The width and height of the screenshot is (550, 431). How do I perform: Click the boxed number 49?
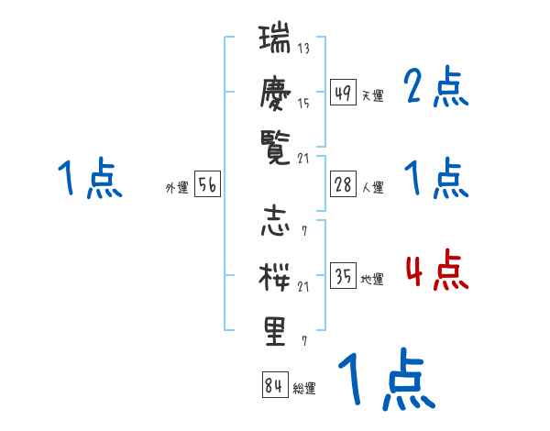point(343,93)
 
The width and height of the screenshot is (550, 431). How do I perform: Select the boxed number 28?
point(343,184)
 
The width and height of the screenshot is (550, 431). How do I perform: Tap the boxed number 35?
point(343,276)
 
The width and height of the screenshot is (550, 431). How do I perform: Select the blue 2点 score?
point(436,89)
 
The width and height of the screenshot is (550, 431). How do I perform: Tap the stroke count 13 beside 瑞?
point(303,49)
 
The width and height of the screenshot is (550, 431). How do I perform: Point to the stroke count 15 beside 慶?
point(303,103)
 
